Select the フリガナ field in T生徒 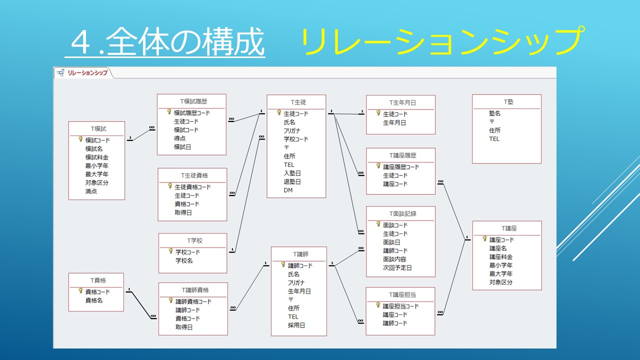click(x=292, y=130)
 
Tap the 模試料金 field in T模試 click(x=96, y=157)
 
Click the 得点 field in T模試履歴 click(x=180, y=138)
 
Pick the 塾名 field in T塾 click(x=495, y=113)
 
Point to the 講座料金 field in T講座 click(x=501, y=256)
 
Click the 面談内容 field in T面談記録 click(x=394, y=259)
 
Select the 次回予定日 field click(x=397, y=267)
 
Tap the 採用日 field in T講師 click(x=296, y=325)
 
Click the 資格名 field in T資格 click(x=94, y=300)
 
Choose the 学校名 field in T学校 click(x=184, y=260)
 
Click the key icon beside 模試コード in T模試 click(x=80, y=139)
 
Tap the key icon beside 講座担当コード click(x=378, y=305)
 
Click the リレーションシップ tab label click(x=87, y=73)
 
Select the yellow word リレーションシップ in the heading click(x=442, y=41)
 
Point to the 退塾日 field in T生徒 click(x=292, y=181)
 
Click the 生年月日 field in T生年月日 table click(x=394, y=122)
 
